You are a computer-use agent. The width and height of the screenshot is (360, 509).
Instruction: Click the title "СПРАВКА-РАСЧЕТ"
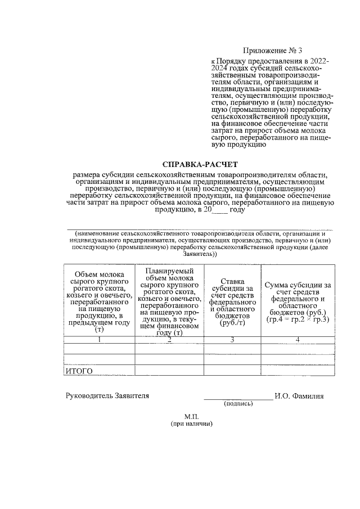click(x=200, y=165)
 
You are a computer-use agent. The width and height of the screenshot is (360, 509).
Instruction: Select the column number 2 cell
click(x=169, y=340)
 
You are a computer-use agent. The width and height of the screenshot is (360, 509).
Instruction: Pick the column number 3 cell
click(x=232, y=340)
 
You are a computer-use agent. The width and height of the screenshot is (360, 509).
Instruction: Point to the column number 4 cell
click(x=298, y=340)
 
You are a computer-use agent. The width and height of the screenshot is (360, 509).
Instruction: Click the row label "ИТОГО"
click(x=79, y=371)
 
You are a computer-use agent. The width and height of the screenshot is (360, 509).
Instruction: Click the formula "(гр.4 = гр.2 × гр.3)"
click(x=298, y=319)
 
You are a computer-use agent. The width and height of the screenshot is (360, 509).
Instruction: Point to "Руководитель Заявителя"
click(x=107, y=396)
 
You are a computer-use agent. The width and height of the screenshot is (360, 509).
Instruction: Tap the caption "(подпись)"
click(x=238, y=404)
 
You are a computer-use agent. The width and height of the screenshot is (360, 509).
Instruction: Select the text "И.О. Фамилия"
click(x=299, y=396)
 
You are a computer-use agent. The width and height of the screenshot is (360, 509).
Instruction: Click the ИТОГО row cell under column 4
click(x=298, y=371)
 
